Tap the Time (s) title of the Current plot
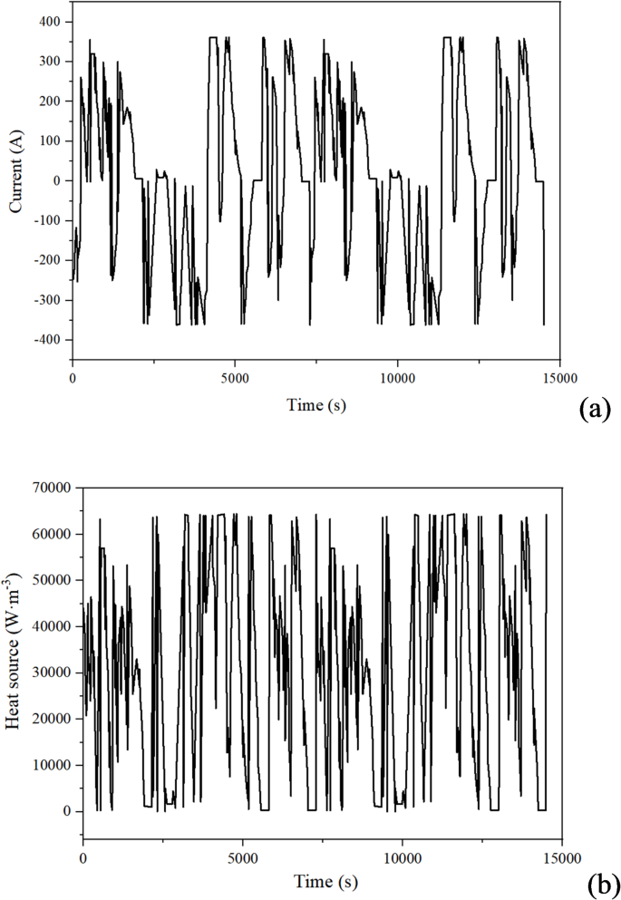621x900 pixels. [x=315, y=405]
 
